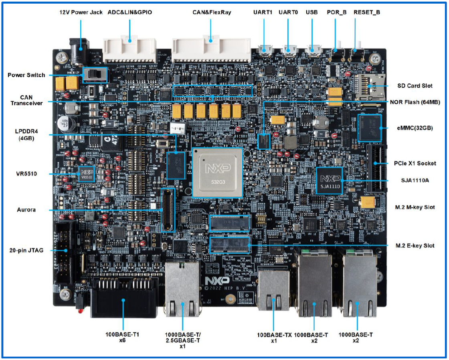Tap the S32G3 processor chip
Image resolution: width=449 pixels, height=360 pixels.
[x=217, y=172]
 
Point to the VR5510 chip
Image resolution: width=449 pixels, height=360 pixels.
[x=87, y=175]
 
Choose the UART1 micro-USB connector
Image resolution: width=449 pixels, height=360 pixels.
[x=265, y=50]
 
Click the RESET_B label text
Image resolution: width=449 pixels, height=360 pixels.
[x=367, y=12]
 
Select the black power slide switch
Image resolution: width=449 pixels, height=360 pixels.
[x=95, y=75]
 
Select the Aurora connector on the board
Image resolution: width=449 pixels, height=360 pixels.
[x=168, y=210]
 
